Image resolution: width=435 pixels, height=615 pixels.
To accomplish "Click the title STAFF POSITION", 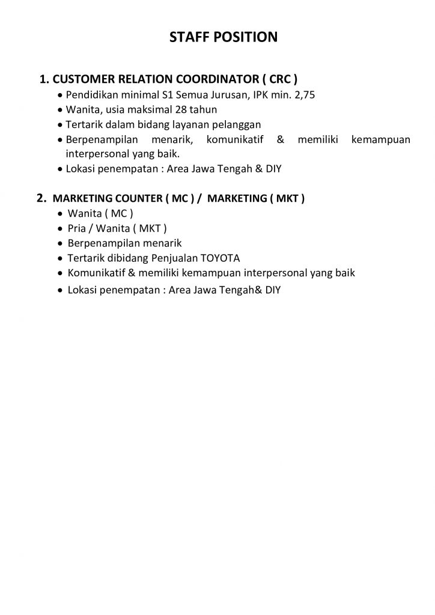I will click(224, 37).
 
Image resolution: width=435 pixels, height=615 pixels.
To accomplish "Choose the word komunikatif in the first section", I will click(236, 140).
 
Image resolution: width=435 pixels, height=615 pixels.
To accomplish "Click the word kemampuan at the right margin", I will click(381, 140).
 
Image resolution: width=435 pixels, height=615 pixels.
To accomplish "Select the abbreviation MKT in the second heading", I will click(286, 198).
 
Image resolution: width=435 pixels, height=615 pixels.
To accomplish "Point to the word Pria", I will click(78, 228).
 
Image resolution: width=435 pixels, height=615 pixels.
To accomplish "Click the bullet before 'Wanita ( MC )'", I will click(59, 214).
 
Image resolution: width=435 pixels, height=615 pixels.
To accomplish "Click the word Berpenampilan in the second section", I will click(98, 243).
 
